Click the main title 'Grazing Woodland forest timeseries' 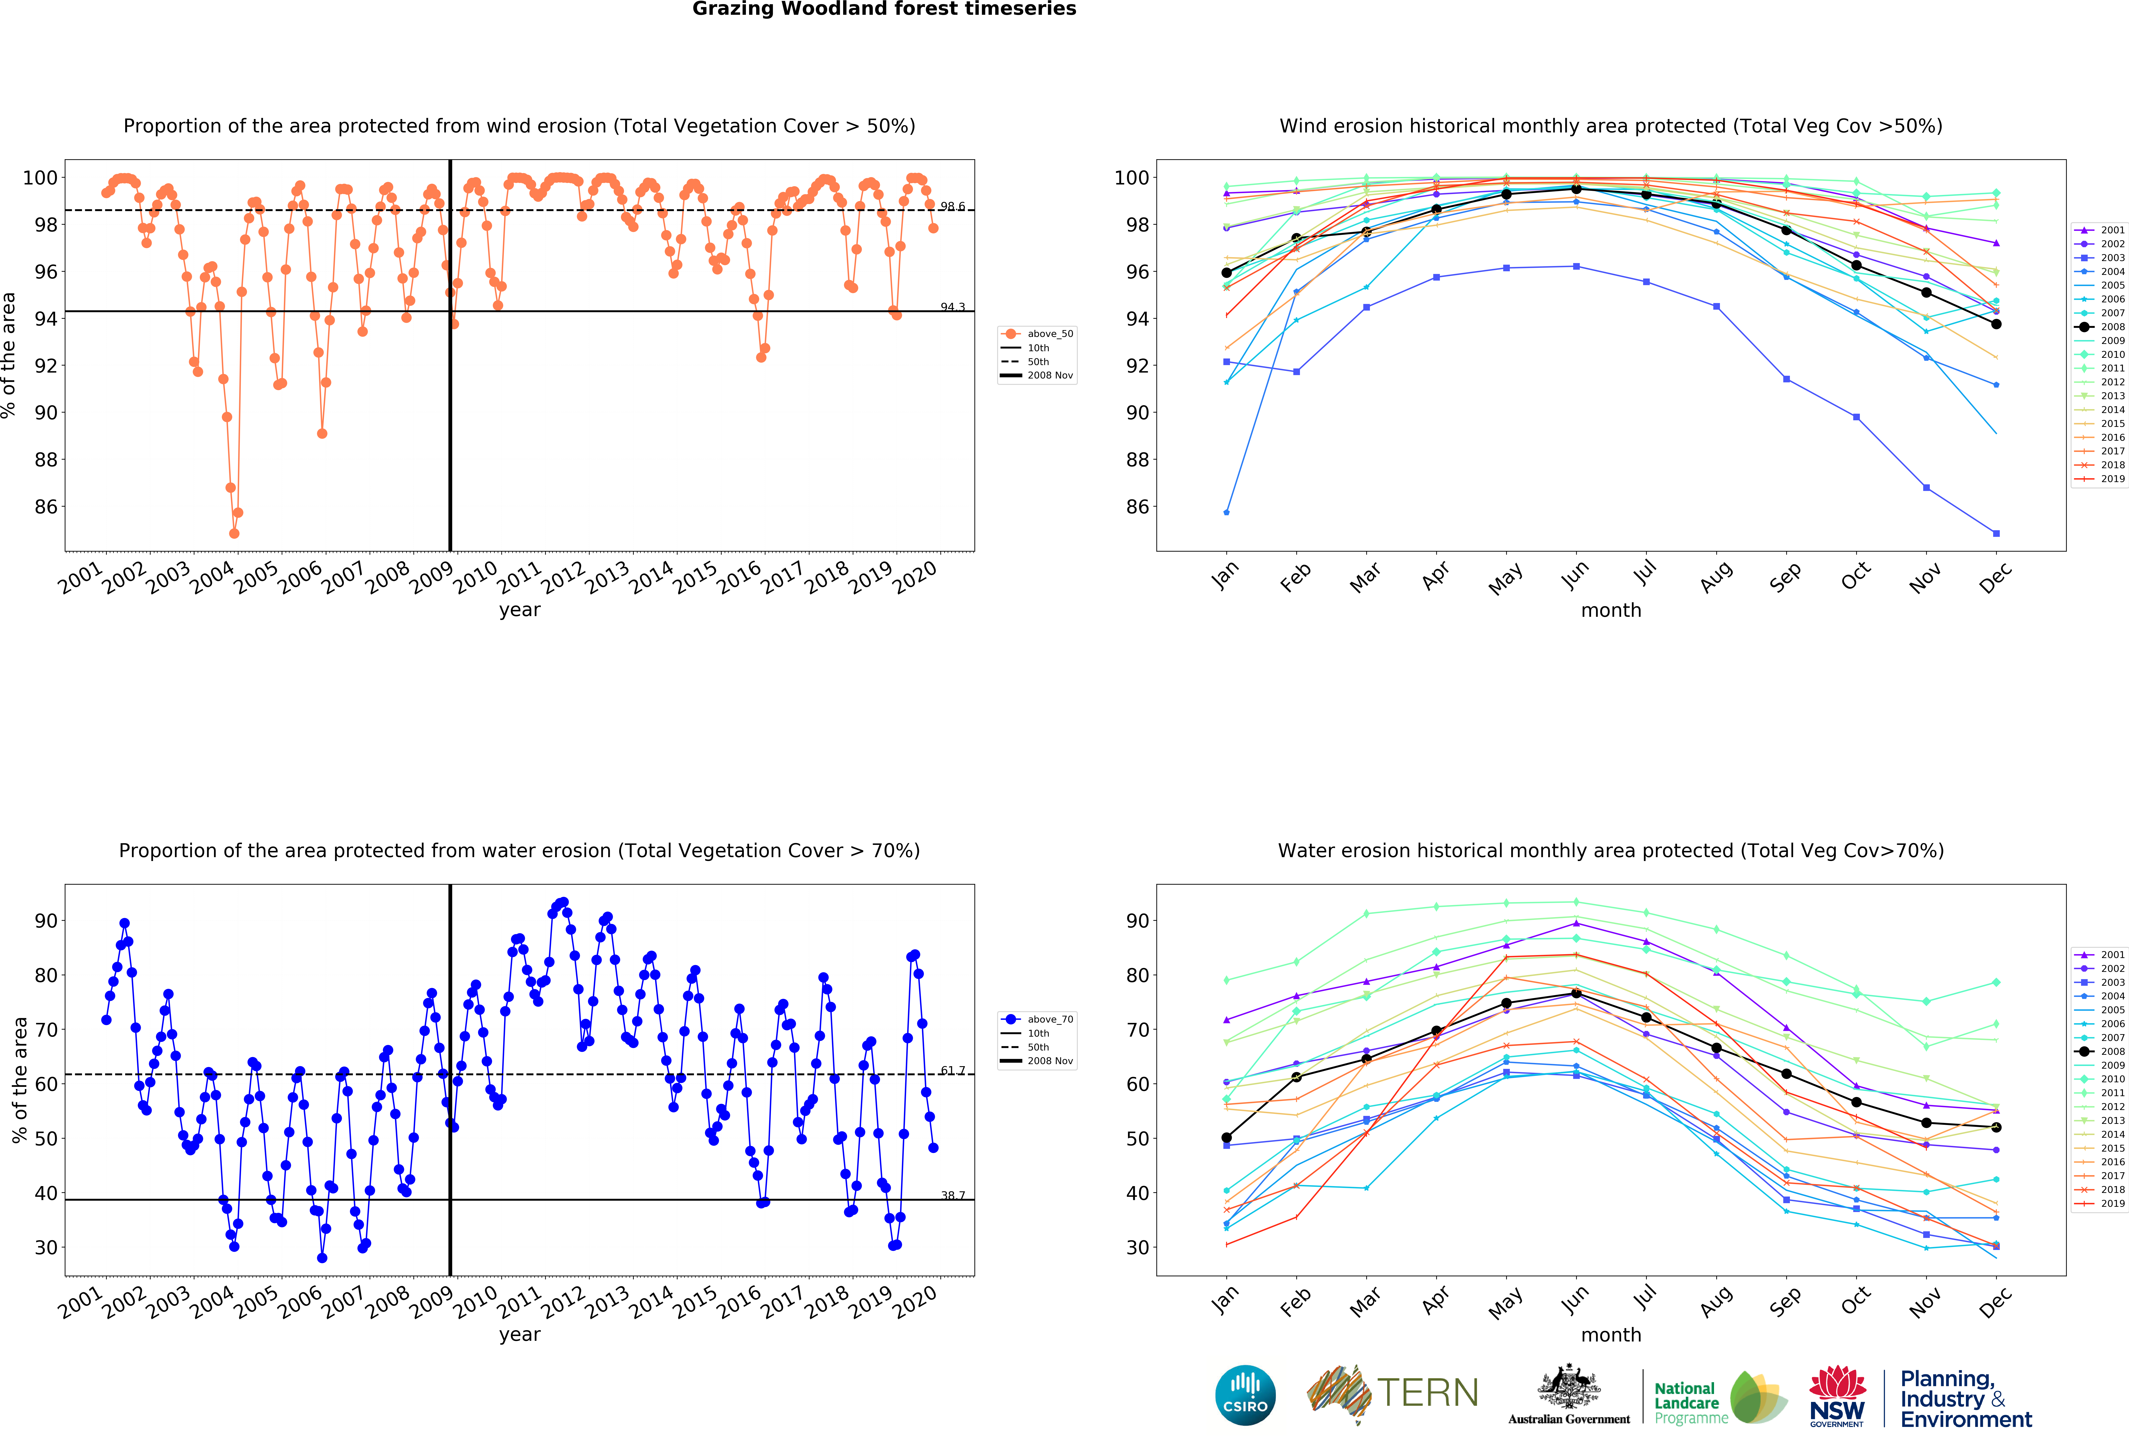[x=884, y=9]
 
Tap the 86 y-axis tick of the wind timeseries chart [x=46, y=507]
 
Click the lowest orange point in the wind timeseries [x=234, y=533]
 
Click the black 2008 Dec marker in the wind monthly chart [x=1996, y=324]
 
